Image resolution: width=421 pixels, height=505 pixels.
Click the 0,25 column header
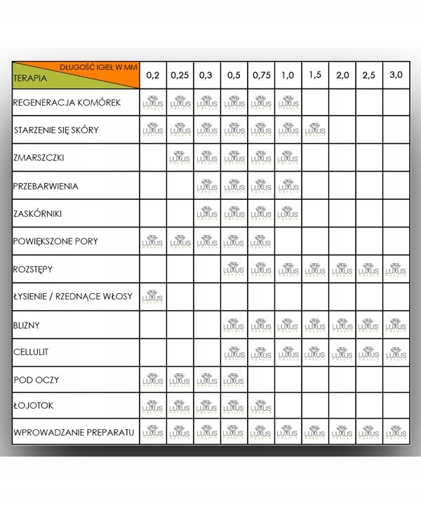pos(179,75)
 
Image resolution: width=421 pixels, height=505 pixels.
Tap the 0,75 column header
pos(261,75)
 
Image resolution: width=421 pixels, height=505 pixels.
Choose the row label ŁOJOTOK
pos(34,406)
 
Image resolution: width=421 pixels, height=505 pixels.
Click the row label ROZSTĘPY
pos(34,269)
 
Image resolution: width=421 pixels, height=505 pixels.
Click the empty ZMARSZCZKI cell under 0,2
pos(152,159)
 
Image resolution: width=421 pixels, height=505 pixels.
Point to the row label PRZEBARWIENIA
pos(45,187)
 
